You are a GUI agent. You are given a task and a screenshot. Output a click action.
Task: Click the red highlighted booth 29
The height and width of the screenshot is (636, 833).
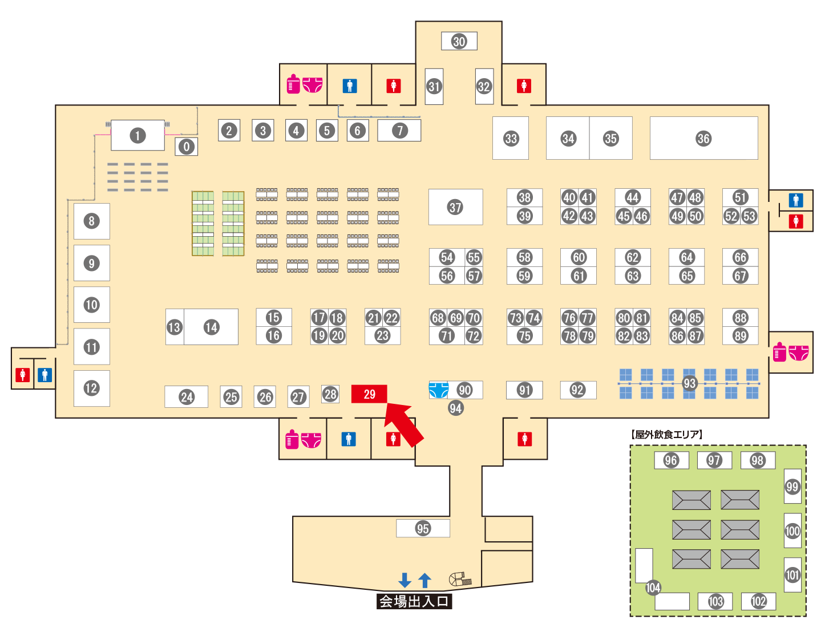click(x=369, y=394)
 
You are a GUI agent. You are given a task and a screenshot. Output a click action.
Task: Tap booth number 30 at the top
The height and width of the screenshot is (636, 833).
click(x=459, y=41)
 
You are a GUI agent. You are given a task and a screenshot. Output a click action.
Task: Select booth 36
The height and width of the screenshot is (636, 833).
click(x=703, y=138)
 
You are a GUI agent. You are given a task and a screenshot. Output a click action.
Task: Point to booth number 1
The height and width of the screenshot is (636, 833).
click(x=137, y=135)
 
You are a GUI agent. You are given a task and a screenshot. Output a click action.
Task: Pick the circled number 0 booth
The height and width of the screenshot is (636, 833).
click(x=187, y=147)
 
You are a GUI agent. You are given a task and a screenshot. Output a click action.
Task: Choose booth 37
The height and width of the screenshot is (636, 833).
click(x=455, y=207)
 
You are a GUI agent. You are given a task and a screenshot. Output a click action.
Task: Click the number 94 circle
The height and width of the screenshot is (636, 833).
click(x=455, y=408)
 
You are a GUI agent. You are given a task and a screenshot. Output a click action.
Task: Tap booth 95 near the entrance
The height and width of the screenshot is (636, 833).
click(x=423, y=528)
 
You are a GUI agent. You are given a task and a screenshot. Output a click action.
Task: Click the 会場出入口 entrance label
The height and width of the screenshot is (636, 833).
click(x=414, y=601)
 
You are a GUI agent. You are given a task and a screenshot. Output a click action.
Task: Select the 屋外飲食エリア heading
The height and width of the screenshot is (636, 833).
click(x=667, y=435)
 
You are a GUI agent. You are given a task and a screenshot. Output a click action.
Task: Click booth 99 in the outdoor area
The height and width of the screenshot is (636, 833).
click(x=792, y=486)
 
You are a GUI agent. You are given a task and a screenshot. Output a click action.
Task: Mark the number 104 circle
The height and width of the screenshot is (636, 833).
click(x=653, y=588)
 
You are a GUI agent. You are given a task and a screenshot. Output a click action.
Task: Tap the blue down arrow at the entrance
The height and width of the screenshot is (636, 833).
click(x=405, y=580)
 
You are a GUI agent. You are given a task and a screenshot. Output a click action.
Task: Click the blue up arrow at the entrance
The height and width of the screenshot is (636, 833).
click(x=424, y=580)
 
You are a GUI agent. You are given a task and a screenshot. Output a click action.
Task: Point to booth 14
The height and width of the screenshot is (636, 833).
click(x=211, y=327)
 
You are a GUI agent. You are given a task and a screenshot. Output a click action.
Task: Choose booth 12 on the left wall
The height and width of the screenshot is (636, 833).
click(x=91, y=388)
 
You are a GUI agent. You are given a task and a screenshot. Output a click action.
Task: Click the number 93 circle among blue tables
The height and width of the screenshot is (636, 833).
click(x=689, y=383)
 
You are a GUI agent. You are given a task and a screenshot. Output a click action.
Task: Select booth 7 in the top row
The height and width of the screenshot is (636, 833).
click(x=399, y=131)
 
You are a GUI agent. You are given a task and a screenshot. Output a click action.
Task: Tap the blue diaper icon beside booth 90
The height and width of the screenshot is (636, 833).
click(x=438, y=390)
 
